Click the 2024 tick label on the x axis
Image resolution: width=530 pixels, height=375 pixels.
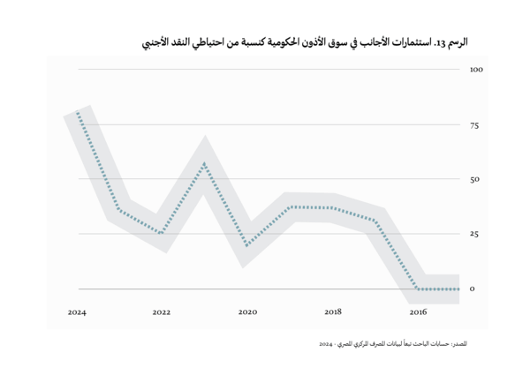pos(77,311)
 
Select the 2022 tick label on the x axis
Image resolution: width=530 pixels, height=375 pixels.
pos(162,311)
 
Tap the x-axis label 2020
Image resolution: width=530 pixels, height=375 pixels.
pos(247,311)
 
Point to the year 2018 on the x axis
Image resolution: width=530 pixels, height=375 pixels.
pos(333,311)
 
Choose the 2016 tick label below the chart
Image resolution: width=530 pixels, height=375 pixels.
pos(419,311)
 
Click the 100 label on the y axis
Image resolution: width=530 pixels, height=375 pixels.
pos(476,69)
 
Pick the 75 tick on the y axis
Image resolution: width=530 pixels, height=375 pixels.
pos(474,124)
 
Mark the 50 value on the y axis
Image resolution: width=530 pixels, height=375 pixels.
pos(474,179)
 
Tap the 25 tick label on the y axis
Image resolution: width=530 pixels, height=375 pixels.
pos(474,234)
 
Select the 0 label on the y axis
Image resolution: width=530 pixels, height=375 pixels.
pos(473,289)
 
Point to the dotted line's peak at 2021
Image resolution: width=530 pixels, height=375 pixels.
pos(205,162)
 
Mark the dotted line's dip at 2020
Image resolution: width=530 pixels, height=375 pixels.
pos(247,244)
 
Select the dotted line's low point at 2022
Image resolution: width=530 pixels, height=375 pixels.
pos(162,233)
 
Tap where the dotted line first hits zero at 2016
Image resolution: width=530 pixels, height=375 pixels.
pos(419,289)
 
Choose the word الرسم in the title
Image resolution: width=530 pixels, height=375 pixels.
pos(458,41)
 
